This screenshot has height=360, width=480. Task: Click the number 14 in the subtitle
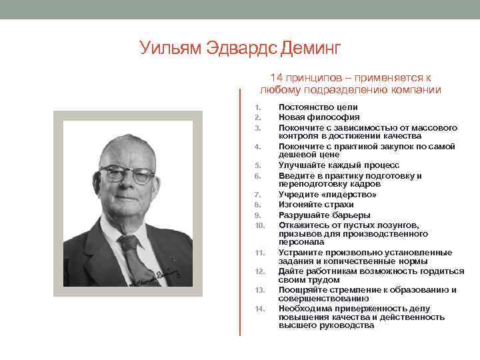[277, 78]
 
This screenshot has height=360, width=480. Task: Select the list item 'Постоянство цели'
[318, 107]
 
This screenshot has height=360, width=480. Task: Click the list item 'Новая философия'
[319, 117]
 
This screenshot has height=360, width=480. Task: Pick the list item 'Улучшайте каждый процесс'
[339, 165]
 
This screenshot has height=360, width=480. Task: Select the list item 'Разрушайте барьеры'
[324, 215]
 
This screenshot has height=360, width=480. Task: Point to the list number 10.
[260, 225]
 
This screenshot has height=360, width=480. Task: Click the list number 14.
[260, 309]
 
